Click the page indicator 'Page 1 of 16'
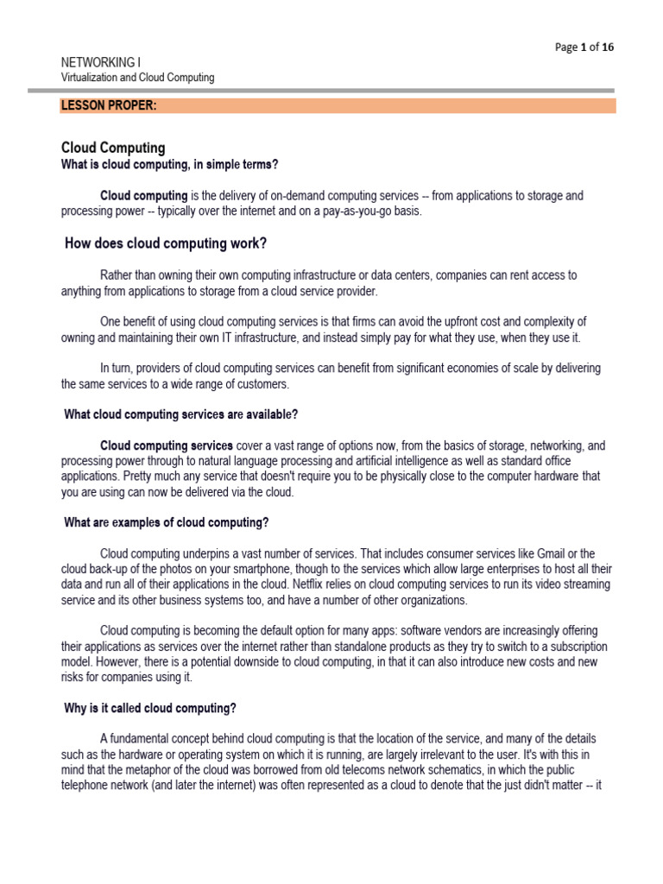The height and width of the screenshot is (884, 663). (584, 47)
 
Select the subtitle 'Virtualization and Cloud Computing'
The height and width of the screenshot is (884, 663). (137, 78)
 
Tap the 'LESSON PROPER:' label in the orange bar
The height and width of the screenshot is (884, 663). (108, 106)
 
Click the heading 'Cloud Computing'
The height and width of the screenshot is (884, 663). (113, 148)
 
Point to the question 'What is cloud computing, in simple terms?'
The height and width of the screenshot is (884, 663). (169, 164)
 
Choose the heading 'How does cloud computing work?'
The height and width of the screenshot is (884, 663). (166, 243)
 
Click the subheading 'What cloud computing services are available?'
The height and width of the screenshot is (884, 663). (181, 414)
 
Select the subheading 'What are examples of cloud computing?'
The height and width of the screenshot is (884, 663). (167, 522)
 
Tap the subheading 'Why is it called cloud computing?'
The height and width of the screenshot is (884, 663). (150, 708)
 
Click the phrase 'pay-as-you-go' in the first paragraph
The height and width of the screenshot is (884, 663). (373, 211)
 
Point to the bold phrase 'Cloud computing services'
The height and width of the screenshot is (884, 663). (167, 445)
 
